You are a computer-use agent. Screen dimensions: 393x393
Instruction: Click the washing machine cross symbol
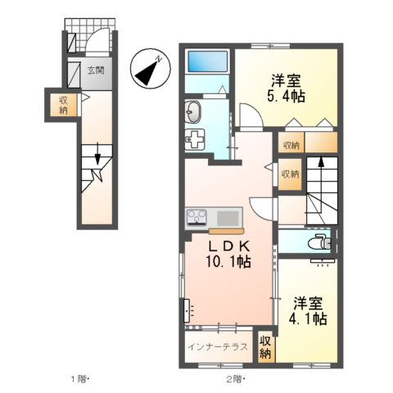coord(197,138)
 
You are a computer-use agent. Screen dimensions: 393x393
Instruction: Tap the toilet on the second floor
coord(320,242)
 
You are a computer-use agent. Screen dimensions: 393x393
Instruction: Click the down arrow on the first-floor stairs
coord(98,154)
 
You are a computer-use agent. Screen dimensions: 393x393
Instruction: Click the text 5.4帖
coord(286,97)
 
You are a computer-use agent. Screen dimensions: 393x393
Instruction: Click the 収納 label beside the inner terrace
coord(266,347)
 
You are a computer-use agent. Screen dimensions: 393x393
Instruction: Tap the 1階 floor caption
coord(79,378)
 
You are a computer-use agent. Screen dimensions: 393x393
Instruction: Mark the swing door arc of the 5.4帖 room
coord(251,117)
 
